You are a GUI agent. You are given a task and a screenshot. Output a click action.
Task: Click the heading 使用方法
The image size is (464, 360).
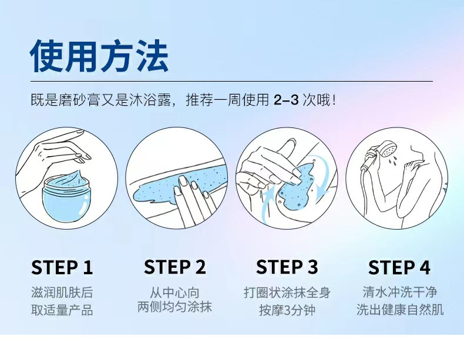coord(99,56)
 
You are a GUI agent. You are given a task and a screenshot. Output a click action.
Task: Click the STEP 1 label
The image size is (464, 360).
coord(62,267)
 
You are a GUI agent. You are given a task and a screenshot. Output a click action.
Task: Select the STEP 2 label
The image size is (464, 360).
coord(174,267)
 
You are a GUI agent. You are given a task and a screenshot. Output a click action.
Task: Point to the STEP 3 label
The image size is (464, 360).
coord(287,267)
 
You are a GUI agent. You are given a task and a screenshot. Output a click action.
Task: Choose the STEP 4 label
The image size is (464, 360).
coord(399,267)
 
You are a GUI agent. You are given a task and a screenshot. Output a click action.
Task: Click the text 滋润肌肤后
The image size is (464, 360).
coord(62,292)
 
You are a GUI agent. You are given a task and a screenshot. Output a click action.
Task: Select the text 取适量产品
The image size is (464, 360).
coord(62,310)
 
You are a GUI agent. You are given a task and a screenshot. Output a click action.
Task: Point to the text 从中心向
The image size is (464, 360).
coord(174,293)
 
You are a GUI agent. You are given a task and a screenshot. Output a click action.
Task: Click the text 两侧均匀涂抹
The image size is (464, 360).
coord(174,307)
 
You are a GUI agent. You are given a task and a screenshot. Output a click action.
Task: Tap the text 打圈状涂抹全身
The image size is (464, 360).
coord(287,292)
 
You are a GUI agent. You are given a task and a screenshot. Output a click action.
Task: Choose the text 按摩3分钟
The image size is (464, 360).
coord(287,310)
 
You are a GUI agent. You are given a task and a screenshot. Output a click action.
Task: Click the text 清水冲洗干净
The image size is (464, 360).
coord(400,292)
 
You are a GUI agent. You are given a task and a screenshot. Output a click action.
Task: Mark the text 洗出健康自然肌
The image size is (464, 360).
coord(400,309)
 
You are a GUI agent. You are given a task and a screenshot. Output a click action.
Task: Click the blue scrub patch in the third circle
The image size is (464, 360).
coord(296,186)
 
